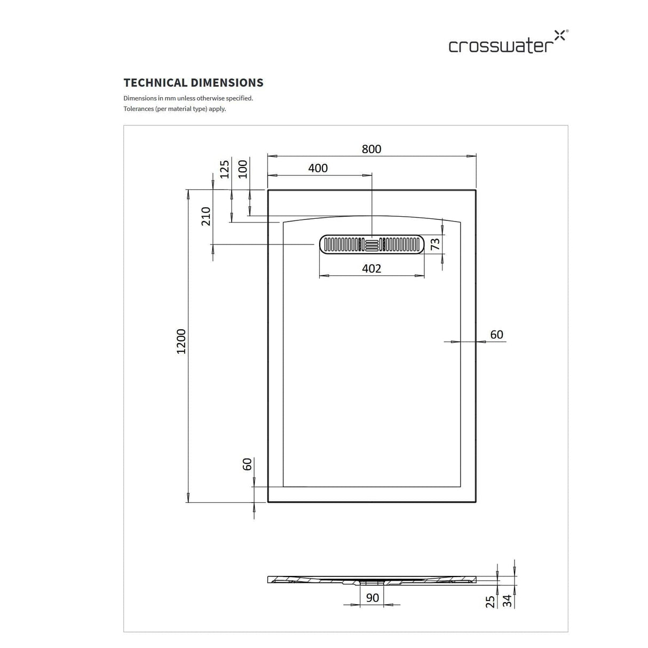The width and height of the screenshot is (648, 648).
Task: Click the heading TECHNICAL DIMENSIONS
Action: pyautogui.click(x=193, y=83)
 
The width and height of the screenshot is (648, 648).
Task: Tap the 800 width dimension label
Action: pyautogui.click(x=372, y=149)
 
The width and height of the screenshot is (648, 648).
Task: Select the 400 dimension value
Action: pyautogui.click(x=318, y=168)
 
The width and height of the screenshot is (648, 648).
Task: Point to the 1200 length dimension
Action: pyautogui.click(x=181, y=341)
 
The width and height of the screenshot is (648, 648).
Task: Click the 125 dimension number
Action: pyautogui.click(x=224, y=169)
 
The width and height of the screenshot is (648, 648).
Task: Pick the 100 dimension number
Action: pyautogui.click(x=243, y=169)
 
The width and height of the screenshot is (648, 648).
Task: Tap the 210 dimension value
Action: pyautogui.click(x=206, y=216)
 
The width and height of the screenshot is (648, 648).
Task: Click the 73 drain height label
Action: pyautogui.click(x=435, y=244)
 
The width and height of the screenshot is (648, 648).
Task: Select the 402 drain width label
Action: pyautogui.click(x=372, y=268)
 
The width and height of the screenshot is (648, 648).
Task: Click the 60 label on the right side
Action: pyautogui.click(x=496, y=335)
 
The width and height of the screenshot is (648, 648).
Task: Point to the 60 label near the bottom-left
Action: pyautogui.click(x=247, y=464)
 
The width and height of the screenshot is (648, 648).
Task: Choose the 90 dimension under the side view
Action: pyautogui.click(x=373, y=597)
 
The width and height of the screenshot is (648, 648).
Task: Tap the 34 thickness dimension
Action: pyautogui.click(x=508, y=601)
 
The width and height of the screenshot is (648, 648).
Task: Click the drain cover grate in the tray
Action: pyautogui.click(x=372, y=244)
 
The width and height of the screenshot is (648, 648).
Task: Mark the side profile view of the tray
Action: pyautogui.click(x=372, y=580)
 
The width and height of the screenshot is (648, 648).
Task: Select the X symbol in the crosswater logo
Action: pyautogui.click(x=559, y=35)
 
